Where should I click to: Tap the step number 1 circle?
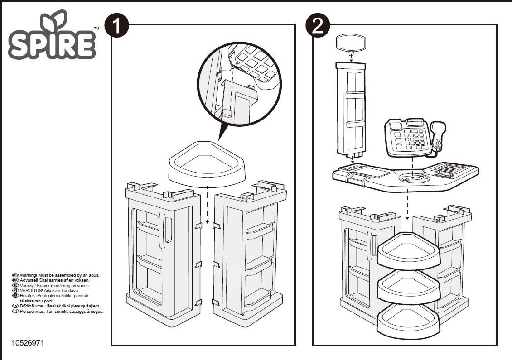[x=117, y=26]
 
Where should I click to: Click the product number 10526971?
[x=29, y=343]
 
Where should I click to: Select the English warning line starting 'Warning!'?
[x=59, y=275]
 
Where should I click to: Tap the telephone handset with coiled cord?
[x=438, y=135]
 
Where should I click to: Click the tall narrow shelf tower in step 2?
[x=352, y=109]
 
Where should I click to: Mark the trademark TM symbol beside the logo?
[x=97, y=29]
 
